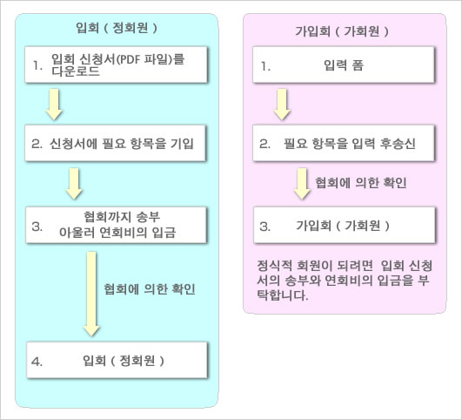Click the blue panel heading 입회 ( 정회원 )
pos(117,28)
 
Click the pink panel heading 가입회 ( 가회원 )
pos(342,31)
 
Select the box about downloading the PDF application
pos(116,64)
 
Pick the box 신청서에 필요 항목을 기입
pos(115,143)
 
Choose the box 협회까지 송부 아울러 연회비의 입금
pos(116,225)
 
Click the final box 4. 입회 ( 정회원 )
pos(117,360)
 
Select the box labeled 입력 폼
pos(344,64)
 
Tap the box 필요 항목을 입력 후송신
pos(344,143)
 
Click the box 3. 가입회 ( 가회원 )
pos(345,225)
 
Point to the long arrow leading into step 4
pos(91,294)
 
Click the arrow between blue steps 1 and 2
pos(54,105)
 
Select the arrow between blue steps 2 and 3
pos(74,184)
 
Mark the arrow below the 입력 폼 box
pos(282,105)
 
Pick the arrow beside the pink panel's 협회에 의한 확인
pos(302,184)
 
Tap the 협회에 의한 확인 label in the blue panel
pos(150,289)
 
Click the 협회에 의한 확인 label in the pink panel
pos(361,183)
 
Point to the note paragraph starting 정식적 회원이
pos(345,280)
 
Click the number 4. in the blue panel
pos(37,362)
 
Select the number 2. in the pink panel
pos(264,144)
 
